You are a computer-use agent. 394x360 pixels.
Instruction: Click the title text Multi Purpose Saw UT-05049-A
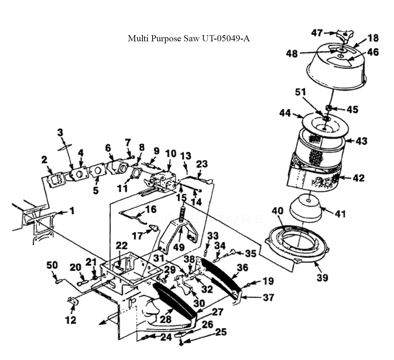189,39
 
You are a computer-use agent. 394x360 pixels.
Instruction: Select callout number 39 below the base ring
322,277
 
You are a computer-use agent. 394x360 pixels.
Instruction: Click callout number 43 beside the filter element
361,141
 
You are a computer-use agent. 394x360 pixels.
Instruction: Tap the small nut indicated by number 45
329,108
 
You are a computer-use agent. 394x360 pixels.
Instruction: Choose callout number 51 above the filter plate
300,92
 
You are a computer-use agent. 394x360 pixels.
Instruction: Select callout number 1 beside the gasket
72,211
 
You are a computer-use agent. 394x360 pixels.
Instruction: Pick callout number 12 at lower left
71,320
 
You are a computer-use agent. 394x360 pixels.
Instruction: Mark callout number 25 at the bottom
221,332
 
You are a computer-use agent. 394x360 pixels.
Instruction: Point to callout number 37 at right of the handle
268,297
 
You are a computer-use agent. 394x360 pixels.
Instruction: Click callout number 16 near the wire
151,209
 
